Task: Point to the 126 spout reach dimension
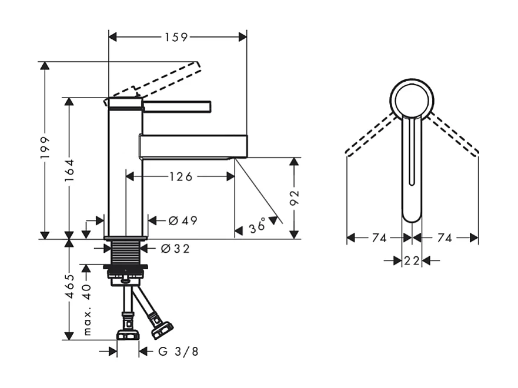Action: click(x=181, y=176)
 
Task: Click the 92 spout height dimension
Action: click(x=295, y=198)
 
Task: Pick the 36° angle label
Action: click(x=258, y=226)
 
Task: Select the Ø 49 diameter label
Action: click(x=182, y=220)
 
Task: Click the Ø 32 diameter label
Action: click(x=176, y=249)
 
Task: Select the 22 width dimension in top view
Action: click(x=412, y=260)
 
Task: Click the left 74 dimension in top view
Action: click(x=379, y=238)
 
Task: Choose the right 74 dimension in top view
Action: click(x=445, y=238)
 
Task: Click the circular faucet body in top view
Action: click(x=412, y=98)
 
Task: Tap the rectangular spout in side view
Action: click(x=193, y=146)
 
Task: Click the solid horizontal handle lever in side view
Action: click(x=176, y=105)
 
